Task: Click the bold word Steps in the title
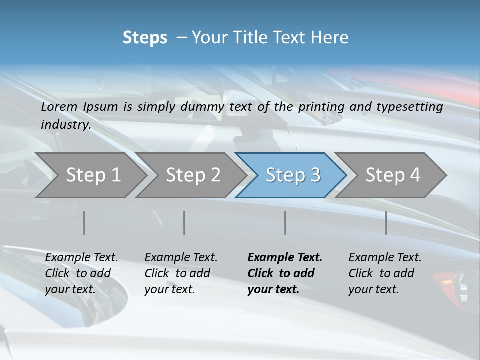coord(145,38)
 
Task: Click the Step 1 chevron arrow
coord(93,175)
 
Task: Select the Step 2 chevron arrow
coord(193,175)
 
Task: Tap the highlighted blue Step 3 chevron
coord(292,175)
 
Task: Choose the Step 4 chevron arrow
coord(392,175)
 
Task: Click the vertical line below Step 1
coord(84,223)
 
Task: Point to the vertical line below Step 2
coord(184,223)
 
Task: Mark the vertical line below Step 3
coord(285,223)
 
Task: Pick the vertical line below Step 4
coord(386,223)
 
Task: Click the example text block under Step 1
coord(81,273)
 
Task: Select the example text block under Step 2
coord(181,273)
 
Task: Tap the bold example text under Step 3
coord(285,273)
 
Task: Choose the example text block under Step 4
coord(385,273)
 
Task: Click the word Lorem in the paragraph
coord(59,107)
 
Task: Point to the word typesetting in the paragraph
coord(413,107)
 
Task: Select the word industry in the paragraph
coord(65,125)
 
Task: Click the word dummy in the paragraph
coord(203,107)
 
